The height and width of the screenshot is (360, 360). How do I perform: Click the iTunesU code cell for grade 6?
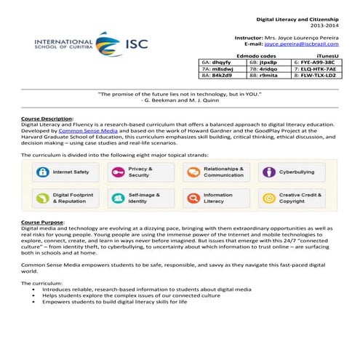(315, 63)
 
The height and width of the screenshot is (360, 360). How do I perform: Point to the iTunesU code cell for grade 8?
(315, 76)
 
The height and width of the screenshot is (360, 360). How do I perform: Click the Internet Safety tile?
(66, 172)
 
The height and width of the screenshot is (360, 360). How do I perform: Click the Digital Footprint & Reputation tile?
(66, 198)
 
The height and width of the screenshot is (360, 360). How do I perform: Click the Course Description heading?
(47, 118)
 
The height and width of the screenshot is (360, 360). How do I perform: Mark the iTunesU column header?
(330, 55)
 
